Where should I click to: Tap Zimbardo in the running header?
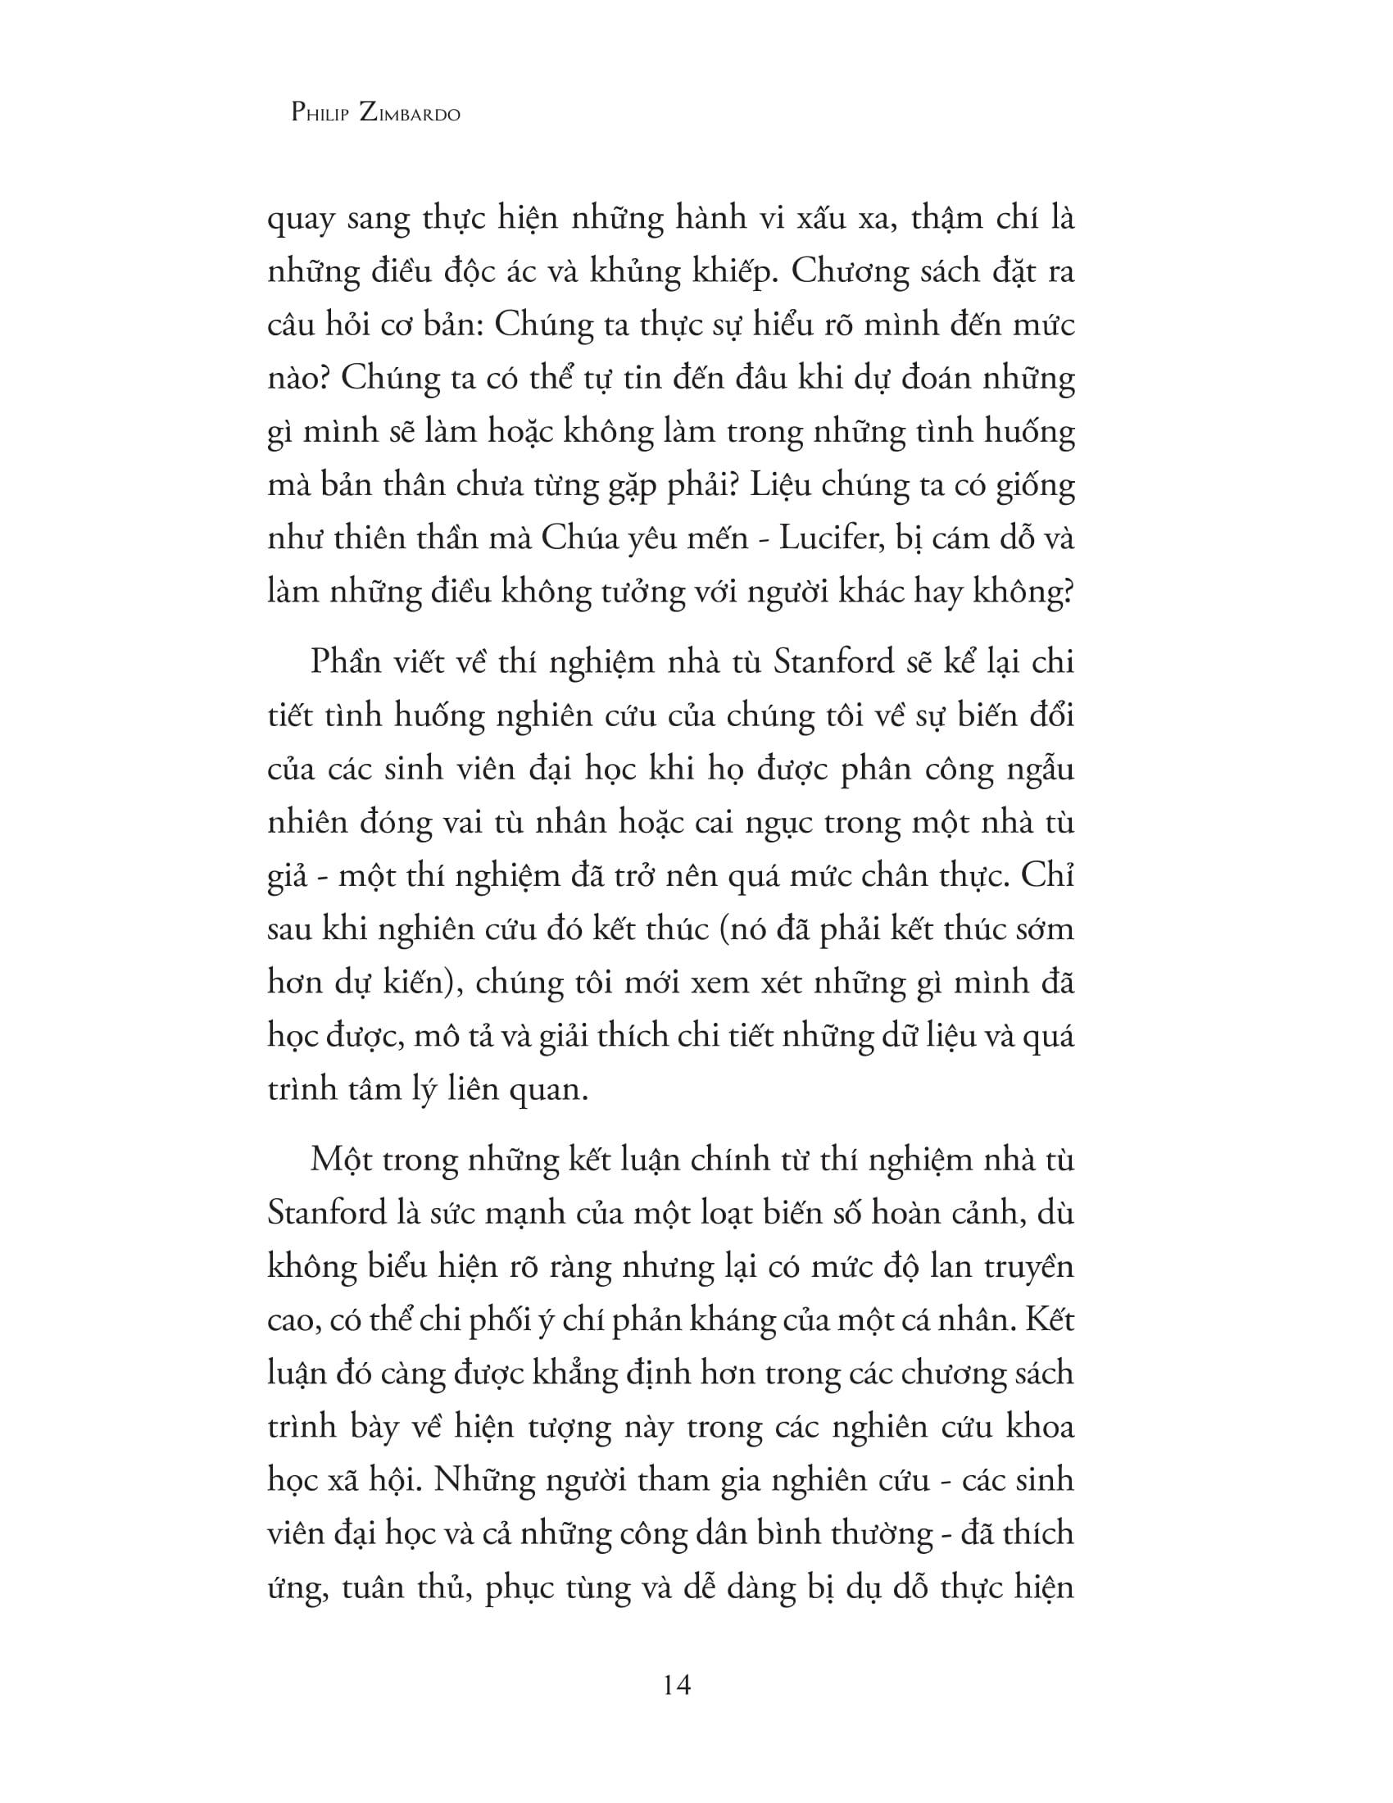[x=410, y=113]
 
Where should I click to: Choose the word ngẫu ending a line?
[x=1041, y=770]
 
